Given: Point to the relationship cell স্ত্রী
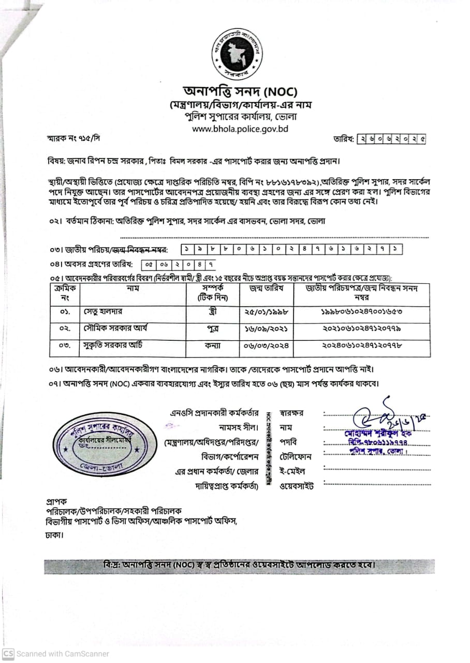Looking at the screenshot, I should [x=212, y=313].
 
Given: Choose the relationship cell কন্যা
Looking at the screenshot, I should [x=212, y=346].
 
